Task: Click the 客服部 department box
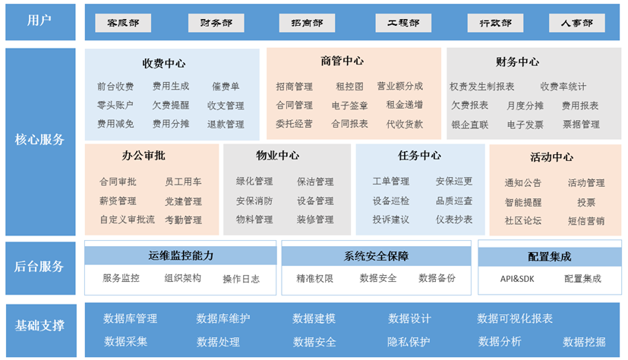(x=123, y=23)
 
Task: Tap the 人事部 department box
(x=576, y=23)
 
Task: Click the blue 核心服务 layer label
(x=40, y=140)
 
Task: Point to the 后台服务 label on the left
(x=40, y=267)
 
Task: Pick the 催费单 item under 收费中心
(x=226, y=87)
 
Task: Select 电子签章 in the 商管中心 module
(x=350, y=106)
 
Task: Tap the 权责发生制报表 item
(x=481, y=87)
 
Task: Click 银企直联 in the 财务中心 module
(x=470, y=125)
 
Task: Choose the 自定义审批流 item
(x=127, y=220)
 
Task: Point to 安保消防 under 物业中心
(x=254, y=201)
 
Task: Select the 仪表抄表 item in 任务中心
(x=454, y=219)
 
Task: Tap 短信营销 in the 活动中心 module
(x=586, y=221)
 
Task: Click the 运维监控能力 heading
(x=181, y=256)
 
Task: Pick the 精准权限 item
(x=314, y=279)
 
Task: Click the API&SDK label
(x=517, y=279)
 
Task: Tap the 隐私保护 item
(x=409, y=342)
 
